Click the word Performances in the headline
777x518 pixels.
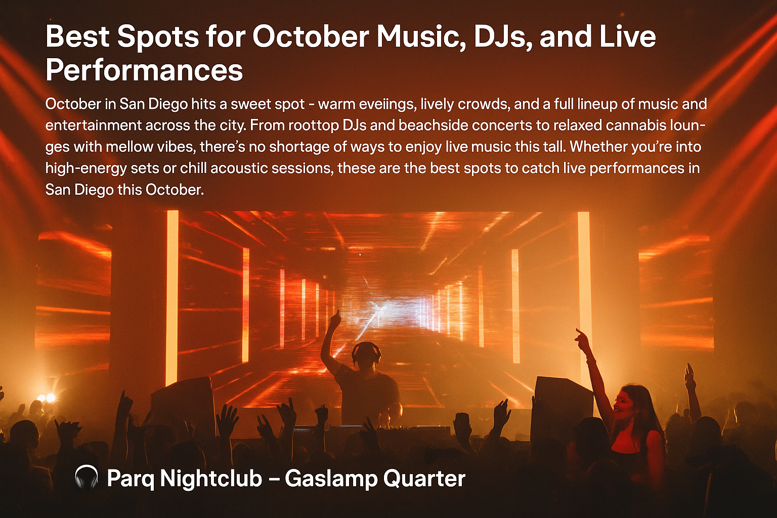click(x=144, y=70)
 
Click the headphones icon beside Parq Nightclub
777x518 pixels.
click(x=86, y=478)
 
